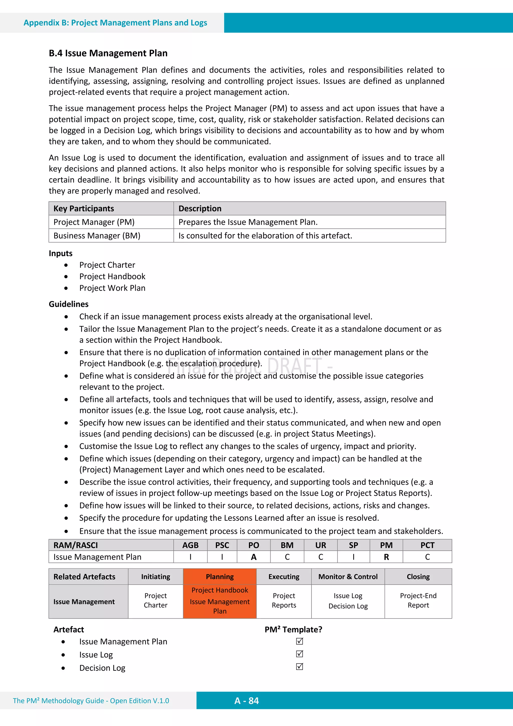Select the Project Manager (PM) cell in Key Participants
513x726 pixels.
[94, 222]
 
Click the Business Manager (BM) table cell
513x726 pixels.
[97, 236]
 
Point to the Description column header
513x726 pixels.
[200, 208]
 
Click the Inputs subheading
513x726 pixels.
[60, 253]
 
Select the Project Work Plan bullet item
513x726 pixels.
[112, 288]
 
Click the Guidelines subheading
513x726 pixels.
[68, 304]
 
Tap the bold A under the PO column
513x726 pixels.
[253, 557]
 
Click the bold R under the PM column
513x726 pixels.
[386, 557]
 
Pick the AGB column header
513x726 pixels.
[190, 545]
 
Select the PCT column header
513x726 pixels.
[427, 545]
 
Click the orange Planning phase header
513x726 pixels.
[220, 576]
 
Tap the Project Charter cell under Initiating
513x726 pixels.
[156, 600]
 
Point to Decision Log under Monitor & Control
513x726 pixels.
[348, 606]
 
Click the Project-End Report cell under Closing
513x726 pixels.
[418, 600]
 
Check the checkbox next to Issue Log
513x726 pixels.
[299, 654]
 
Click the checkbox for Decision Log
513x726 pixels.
[299, 667]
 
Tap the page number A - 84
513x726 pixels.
[246, 701]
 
